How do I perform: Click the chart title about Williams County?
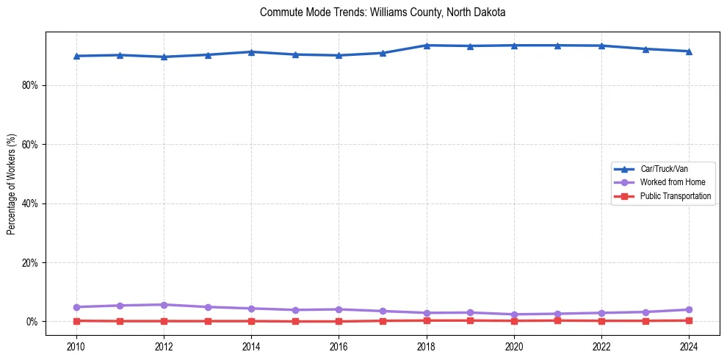[383, 12]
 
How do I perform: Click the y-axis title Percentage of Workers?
[11, 184]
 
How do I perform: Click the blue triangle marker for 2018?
[427, 46]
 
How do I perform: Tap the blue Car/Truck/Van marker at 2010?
[76, 56]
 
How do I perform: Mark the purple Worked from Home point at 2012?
[164, 305]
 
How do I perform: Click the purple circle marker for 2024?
[689, 309]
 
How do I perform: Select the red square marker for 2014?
[251, 321]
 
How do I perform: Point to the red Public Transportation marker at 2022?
[601, 321]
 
